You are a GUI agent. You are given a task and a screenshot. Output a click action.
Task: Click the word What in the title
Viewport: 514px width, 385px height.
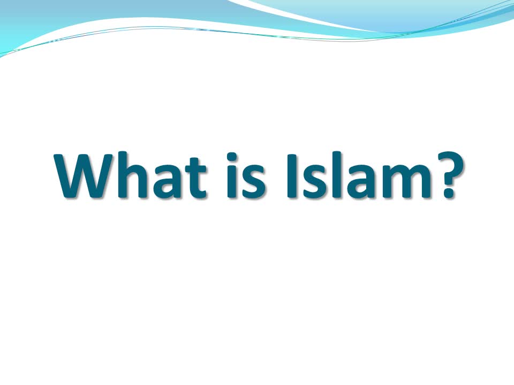click(131, 175)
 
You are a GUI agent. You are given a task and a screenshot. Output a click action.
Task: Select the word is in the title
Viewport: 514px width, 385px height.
click(246, 175)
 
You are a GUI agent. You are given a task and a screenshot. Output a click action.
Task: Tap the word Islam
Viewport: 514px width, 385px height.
click(358, 175)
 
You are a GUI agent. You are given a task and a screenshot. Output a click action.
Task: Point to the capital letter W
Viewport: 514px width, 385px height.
click(86, 175)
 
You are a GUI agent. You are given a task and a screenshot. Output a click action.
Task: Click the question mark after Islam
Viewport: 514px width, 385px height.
click(449, 175)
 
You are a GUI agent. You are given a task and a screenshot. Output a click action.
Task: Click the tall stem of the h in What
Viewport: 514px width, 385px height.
click(126, 175)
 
